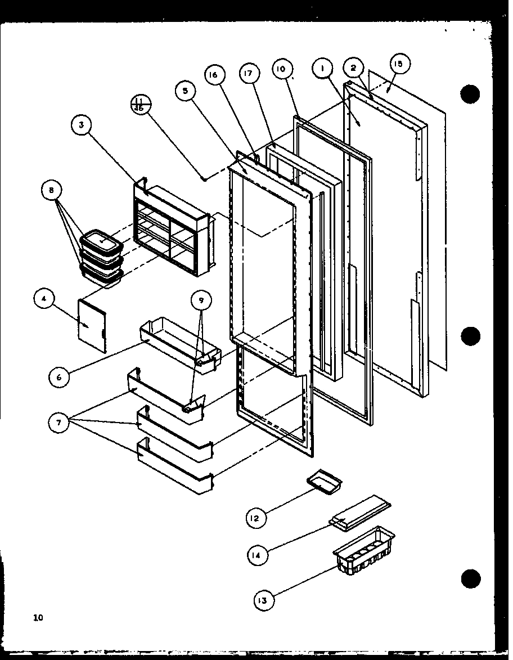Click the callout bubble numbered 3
pyautogui.click(x=82, y=126)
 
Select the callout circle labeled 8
pyautogui.click(x=51, y=191)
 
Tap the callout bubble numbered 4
pyautogui.click(x=43, y=300)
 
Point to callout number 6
pyautogui.click(x=59, y=378)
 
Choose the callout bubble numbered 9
pyautogui.click(x=201, y=300)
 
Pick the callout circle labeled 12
pyautogui.click(x=255, y=518)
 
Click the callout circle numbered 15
pyautogui.click(x=398, y=65)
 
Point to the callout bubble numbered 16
pyautogui.click(x=215, y=75)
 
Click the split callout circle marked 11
pyautogui.click(x=138, y=105)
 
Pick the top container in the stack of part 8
pyautogui.click(x=102, y=242)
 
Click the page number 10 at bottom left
pyautogui.click(x=38, y=618)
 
